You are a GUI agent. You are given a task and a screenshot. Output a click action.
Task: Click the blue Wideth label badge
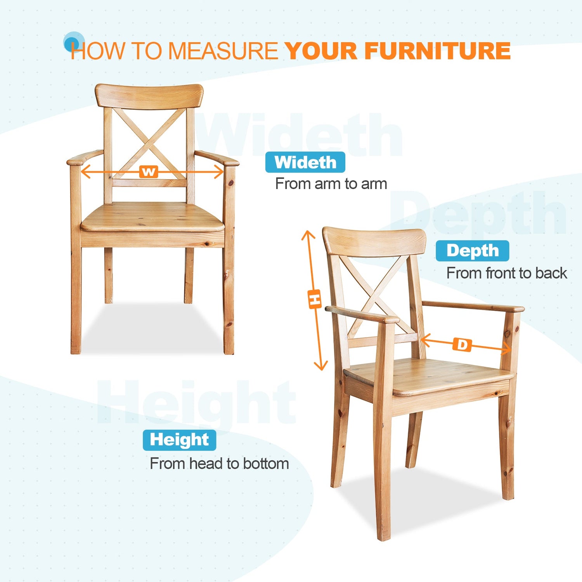tap(305, 162)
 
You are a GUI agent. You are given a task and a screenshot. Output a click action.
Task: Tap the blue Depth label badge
tap(472, 251)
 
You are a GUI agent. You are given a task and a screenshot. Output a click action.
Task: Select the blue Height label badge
tap(179, 440)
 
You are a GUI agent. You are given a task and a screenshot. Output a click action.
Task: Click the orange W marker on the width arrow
tap(149, 171)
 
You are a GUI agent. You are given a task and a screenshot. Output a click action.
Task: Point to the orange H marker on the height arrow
tap(315, 299)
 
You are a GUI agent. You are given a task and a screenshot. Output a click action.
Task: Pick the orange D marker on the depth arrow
tap(462, 345)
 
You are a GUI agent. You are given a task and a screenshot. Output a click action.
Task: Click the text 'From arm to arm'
tap(331, 184)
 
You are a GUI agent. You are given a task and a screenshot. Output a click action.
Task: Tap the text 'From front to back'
tap(507, 273)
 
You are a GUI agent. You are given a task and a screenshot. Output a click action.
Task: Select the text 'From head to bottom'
tap(220, 464)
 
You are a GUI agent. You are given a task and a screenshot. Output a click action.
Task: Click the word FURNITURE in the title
tap(437, 51)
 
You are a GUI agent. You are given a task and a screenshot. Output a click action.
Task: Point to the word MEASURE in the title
tap(223, 51)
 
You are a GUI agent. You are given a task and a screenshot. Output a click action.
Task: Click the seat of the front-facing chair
tap(152, 218)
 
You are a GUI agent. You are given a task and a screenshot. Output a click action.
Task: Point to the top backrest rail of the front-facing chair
tap(149, 96)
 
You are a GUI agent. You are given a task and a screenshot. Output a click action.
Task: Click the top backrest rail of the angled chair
tap(374, 241)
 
